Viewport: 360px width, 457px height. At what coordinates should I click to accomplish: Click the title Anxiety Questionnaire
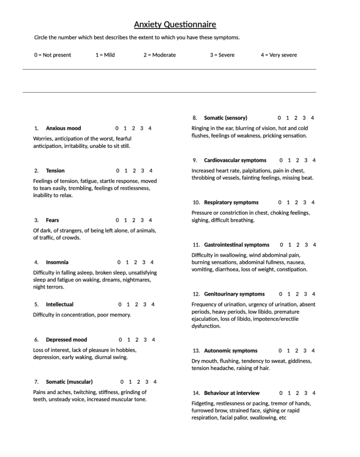pyautogui.click(x=175, y=25)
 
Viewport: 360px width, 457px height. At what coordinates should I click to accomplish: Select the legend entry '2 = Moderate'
pyautogui.click(x=159, y=55)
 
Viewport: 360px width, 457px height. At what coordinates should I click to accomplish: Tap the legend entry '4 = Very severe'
pyautogui.click(x=279, y=55)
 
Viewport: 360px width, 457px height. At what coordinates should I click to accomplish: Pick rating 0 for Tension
pyautogui.click(x=117, y=171)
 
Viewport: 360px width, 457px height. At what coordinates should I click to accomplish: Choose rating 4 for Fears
pyautogui.click(x=150, y=220)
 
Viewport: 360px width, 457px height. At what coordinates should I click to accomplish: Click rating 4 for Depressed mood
pyautogui.click(x=153, y=340)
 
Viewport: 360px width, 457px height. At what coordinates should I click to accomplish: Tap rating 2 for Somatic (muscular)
pyautogui.click(x=138, y=382)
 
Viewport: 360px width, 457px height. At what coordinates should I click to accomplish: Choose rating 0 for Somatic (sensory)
pyautogui.click(x=279, y=118)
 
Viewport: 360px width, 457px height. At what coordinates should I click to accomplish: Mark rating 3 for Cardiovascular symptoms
pyautogui.click(x=305, y=160)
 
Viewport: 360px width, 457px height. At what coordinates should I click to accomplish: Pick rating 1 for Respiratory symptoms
pyautogui.click(x=288, y=202)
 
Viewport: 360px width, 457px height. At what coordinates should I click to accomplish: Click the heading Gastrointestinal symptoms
pyautogui.click(x=237, y=245)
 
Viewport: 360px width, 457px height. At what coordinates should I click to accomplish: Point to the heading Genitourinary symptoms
pyautogui.click(x=234, y=294)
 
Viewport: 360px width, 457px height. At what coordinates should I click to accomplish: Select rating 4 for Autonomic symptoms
pyautogui.click(x=313, y=351)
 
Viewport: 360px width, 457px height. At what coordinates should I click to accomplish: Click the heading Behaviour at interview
pyautogui.click(x=232, y=393)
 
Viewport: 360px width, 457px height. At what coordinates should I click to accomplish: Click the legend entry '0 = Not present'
pyautogui.click(x=53, y=55)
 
